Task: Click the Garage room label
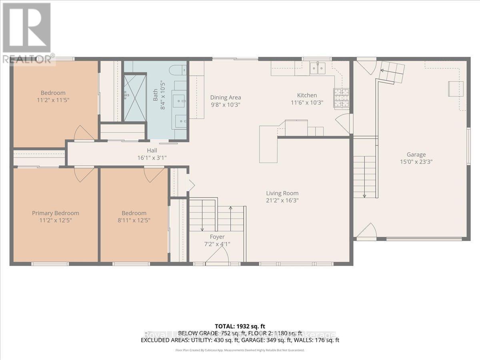[x=416, y=154]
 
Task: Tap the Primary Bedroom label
[x=56, y=213]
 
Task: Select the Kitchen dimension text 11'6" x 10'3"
[x=307, y=102]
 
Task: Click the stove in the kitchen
[x=341, y=98]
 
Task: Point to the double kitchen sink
[x=319, y=68]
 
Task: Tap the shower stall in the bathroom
[x=135, y=97]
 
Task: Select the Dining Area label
[x=226, y=97]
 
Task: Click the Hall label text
[x=152, y=150]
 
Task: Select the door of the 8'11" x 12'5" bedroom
[x=154, y=174]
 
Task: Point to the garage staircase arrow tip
[x=365, y=196]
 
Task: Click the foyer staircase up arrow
[x=231, y=208]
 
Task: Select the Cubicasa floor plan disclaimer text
[x=240, y=350]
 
